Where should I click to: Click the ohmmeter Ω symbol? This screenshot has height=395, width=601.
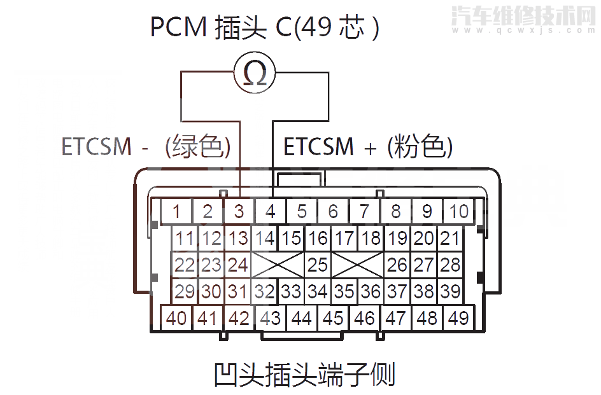tap(255, 74)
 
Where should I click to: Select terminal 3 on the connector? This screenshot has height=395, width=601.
tap(239, 211)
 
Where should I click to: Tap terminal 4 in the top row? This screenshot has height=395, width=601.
tap(271, 211)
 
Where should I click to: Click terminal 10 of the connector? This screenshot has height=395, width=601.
tap(459, 211)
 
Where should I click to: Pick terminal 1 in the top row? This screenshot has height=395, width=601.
tap(176, 211)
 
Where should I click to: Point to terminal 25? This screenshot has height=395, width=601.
tap(317, 264)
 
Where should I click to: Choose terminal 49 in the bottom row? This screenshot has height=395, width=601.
tap(458, 317)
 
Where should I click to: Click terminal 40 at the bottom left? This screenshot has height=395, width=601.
tap(176, 317)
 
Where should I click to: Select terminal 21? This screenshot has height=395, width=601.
tap(449, 239)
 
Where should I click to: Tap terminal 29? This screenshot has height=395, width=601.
tap(185, 291)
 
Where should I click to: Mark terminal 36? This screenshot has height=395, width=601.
tap(370, 291)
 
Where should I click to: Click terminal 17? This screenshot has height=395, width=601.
tap(344, 239)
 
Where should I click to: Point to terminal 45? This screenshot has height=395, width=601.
tap(333, 317)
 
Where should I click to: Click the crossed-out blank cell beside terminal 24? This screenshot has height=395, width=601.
tap(278, 264)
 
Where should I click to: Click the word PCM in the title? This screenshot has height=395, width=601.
tap(174, 27)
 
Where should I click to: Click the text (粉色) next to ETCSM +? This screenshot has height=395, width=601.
tap(420, 146)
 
